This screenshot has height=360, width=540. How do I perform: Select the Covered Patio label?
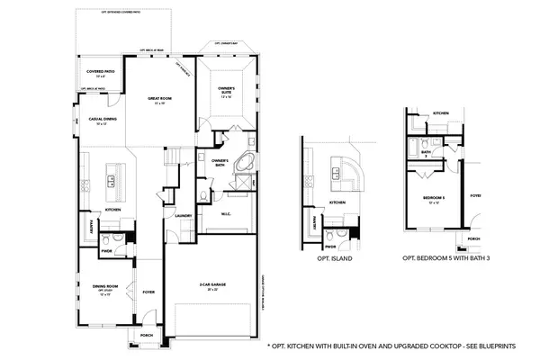[100, 71]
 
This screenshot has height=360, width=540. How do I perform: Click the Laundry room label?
[182, 215]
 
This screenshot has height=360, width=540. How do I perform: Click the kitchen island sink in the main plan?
[112, 179]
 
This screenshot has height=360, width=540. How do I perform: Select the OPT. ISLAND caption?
[335, 258]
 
